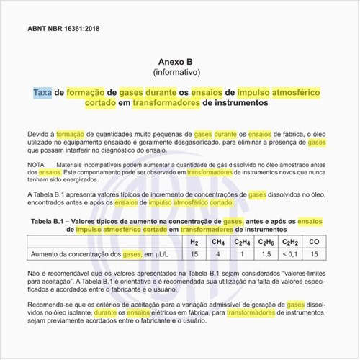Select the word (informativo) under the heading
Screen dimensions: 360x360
pos(180,73)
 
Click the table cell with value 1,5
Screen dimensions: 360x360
pos(266,254)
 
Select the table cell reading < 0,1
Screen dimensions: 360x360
pos(290,254)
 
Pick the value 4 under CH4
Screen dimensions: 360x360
pos(218,254)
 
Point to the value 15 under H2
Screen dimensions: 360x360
pos(194,254)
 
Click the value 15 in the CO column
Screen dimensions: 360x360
pos(314,254)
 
